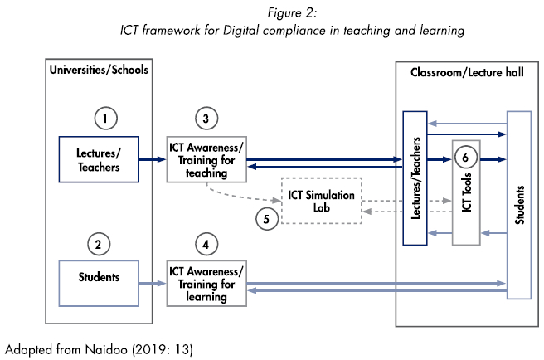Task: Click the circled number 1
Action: point(104,119)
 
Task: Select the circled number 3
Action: point(206,117)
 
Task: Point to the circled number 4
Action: point(206,244)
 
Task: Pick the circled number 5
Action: point(266,221)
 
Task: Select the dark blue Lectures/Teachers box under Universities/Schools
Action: point(98,159)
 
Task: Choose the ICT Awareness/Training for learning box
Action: point(206,283)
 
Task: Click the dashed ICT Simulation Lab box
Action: point(321,200)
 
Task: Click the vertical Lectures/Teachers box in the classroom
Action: point(415,178)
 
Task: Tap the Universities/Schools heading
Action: point(98,70)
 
